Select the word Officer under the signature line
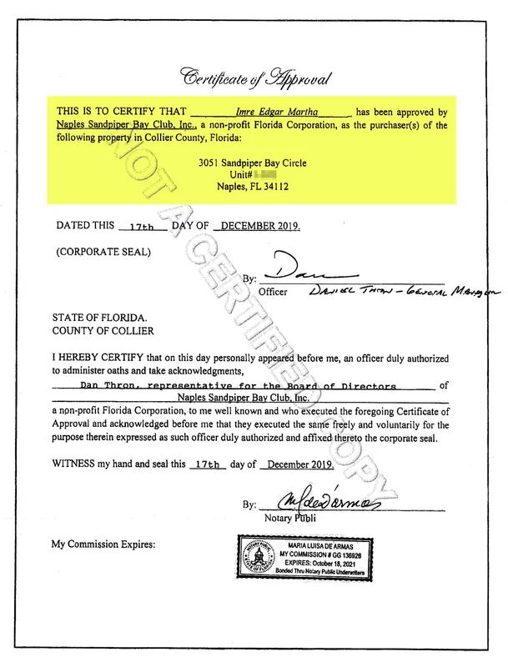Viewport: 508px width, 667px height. (273, 293)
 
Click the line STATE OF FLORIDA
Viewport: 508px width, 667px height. (99, 318)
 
